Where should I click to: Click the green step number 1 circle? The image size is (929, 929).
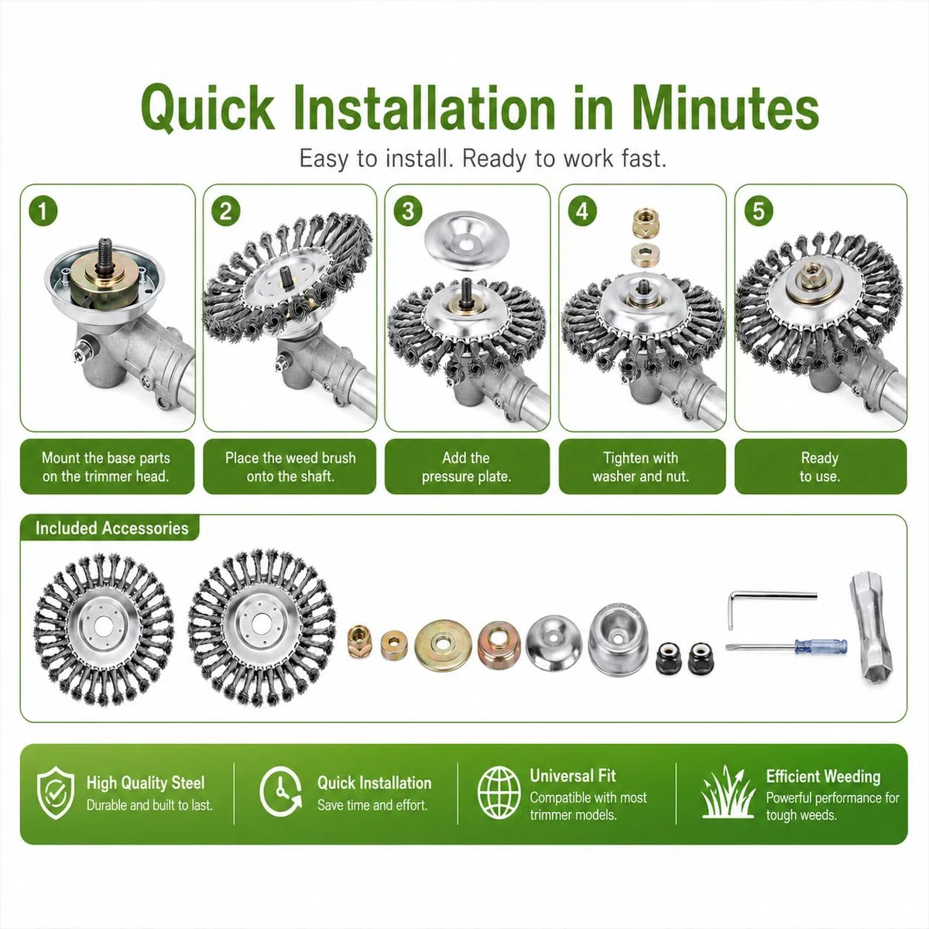tap(43, 211)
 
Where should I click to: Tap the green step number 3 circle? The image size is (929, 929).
tap(408, 211)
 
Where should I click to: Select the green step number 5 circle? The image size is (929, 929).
tap(759, 211)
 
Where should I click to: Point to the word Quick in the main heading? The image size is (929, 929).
tap(207, 108)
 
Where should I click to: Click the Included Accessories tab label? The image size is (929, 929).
tap(111, 528)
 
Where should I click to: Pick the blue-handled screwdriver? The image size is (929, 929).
tap(786, 646)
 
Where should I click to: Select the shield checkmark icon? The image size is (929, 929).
tap(56, 793)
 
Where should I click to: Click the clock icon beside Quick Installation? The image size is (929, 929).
tap(280, 793)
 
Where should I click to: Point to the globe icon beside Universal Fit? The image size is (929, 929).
tap(499, 793)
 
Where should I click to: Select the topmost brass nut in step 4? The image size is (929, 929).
tap(643, 223)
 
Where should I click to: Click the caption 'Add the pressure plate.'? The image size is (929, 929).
tap(466, 467)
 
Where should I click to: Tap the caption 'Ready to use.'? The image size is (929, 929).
tap(820, 467)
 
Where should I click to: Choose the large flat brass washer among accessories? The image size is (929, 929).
tap(443, 646)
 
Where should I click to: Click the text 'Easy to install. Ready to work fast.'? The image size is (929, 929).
tap(482, 159)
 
